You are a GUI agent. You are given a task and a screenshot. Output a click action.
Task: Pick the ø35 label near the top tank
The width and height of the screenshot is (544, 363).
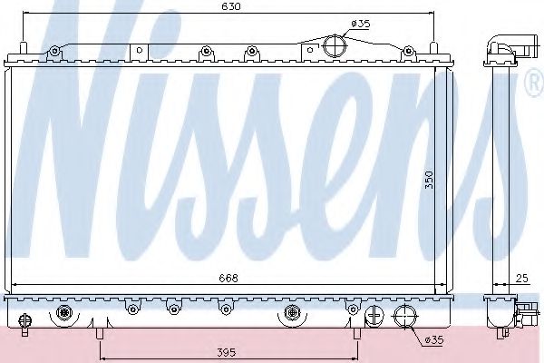pyautogui.click(x=360, y=25)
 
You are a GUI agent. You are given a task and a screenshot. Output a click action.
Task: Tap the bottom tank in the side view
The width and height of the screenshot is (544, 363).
pyautogui.click(x=499, y=313)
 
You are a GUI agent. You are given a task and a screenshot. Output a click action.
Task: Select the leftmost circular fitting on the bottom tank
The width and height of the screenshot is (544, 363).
pyautogui.click(x=64, y=314)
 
